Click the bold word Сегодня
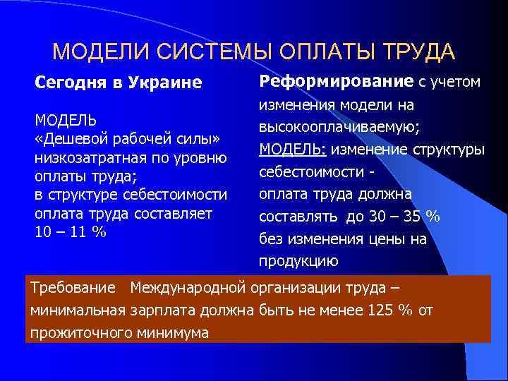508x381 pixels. pos(67,83)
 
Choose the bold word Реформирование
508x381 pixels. pos(337,82)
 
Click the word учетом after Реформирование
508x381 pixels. pos(456,82)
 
